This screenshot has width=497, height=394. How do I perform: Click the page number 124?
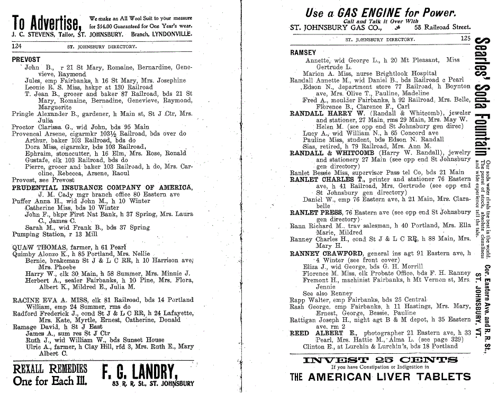click(x=19, y=47)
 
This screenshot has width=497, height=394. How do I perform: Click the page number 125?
click(x=465, y=38)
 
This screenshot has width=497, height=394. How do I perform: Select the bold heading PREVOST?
click(x=26, y=60)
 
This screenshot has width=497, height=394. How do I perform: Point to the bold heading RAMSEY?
click(x=303, y=53)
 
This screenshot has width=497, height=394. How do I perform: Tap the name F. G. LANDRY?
click(x=140, y=371)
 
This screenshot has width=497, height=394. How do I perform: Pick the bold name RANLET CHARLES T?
click(x=323, y=180)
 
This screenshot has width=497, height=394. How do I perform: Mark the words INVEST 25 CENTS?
click(x=380, y=360)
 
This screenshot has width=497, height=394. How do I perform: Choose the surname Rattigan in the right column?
click(x=303, y=320)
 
